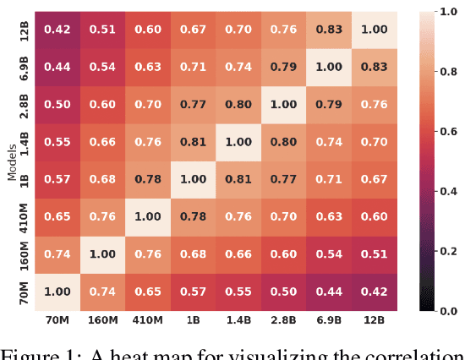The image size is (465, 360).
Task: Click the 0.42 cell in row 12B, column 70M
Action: [x=57, y=30]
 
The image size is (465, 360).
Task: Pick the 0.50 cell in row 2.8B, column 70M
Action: [x=57, y=105]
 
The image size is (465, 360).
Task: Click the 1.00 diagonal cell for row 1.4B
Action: [x=238, y=142]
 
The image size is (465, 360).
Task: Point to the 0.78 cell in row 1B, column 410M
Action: [x=147, y=179]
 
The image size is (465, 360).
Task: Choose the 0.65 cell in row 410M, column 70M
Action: [x=57, y=217]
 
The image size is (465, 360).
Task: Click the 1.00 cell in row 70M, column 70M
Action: [x=57, y=292]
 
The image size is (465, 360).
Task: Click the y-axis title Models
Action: [x=11, y=161]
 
